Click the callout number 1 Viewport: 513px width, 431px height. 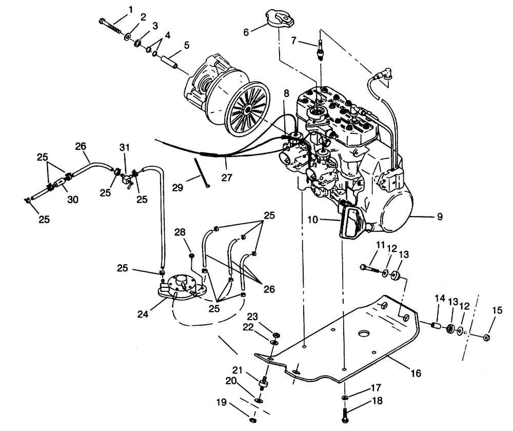pyautogui.click(x=130, y=9)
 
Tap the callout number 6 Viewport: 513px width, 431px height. pyautogui.click(x=246, y=32)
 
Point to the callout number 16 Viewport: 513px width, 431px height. pyautogui.click(x=415, y=374)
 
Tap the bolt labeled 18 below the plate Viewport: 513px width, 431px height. pyautogui.click(x=344, y=413)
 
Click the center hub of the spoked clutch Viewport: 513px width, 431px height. pyautogui.click(x=248, y=109)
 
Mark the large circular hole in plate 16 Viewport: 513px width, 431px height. pyautogui.click(x=365, y=332)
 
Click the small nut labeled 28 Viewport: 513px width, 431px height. pyautogui.click(x=191, y=255)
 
